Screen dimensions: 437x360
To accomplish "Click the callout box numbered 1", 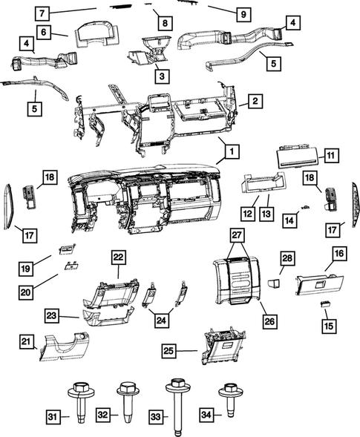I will [x=232, y=151].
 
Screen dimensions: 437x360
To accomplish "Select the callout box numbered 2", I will [x=254, y=101].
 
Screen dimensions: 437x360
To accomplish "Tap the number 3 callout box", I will [x=161, y=75].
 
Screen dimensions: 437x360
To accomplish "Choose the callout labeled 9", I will [x=242, y=13].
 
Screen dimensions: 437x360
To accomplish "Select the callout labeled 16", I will [x=338, y=254].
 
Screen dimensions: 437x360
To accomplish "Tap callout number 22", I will [x=118, y=256].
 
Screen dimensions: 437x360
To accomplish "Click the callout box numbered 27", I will [x=236, y=236].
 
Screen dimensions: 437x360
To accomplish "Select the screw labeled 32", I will [x=125, y=401].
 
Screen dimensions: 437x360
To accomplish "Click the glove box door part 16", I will [x=318, y=285].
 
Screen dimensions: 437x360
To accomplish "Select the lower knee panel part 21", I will [x=65, y=346].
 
